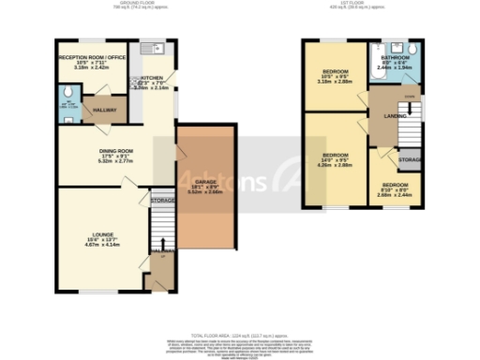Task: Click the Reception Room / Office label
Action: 92,57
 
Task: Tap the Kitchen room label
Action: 152,80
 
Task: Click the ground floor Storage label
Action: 163,199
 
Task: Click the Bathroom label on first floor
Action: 394,56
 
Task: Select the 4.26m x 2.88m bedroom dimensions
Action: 336,165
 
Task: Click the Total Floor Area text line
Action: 240,335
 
